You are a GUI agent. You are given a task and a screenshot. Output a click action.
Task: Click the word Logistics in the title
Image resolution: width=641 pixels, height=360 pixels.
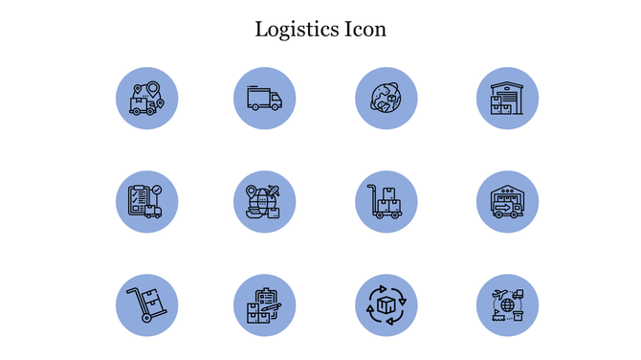pyautogui.click(x=297, y=30)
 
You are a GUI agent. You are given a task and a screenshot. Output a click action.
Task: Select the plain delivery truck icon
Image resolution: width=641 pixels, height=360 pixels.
pyautogui.click(x=265, y=99)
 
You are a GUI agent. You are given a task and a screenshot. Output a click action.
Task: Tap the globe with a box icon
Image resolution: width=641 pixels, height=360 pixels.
pyautogui.click(x=387, y=99)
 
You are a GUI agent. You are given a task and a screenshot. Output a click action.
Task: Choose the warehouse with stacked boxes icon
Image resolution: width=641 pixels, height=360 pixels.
pyautogui.click(x=507, y=99)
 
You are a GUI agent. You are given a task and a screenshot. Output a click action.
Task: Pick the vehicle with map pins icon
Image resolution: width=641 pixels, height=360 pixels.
pyautogui.click(x=146, y=99)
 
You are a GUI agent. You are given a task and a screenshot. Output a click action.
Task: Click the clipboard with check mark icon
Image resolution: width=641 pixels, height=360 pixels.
pyautogui.click(x=146, y=201)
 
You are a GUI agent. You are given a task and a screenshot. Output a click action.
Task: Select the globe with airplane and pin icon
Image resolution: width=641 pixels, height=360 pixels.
pyautogui.click(x=265, y=201)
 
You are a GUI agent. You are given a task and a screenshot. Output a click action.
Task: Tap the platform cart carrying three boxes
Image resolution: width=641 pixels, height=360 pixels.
pyautogui.click(x=387, y=201)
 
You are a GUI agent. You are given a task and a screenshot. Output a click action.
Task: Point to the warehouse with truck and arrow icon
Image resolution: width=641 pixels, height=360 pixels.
pyautogui.click(x=507, y=201)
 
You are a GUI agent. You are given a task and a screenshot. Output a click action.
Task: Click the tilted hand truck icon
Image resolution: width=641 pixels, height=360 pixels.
pyautogui.click(x=146, y=305)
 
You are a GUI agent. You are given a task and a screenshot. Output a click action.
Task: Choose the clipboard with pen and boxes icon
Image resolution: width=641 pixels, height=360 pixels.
pyautogui.click(x=265, y=305)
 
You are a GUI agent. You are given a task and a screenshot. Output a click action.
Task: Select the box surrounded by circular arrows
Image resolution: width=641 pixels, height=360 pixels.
pyautogui.click(x=387, y=305)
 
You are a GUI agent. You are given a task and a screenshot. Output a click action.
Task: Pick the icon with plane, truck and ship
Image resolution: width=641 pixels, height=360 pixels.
pyautogui.click(x=507, y=305)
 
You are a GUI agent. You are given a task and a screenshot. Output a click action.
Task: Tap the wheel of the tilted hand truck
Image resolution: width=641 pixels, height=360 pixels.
pyautogui.click(x=145, y=319)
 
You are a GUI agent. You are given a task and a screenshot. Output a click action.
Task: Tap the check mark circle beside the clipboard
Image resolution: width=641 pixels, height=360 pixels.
pyautogui.click(x=157, y=190)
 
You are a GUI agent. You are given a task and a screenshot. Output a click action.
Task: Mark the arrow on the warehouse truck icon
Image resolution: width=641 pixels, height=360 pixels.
pyautogui.click(x=502, y=203)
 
